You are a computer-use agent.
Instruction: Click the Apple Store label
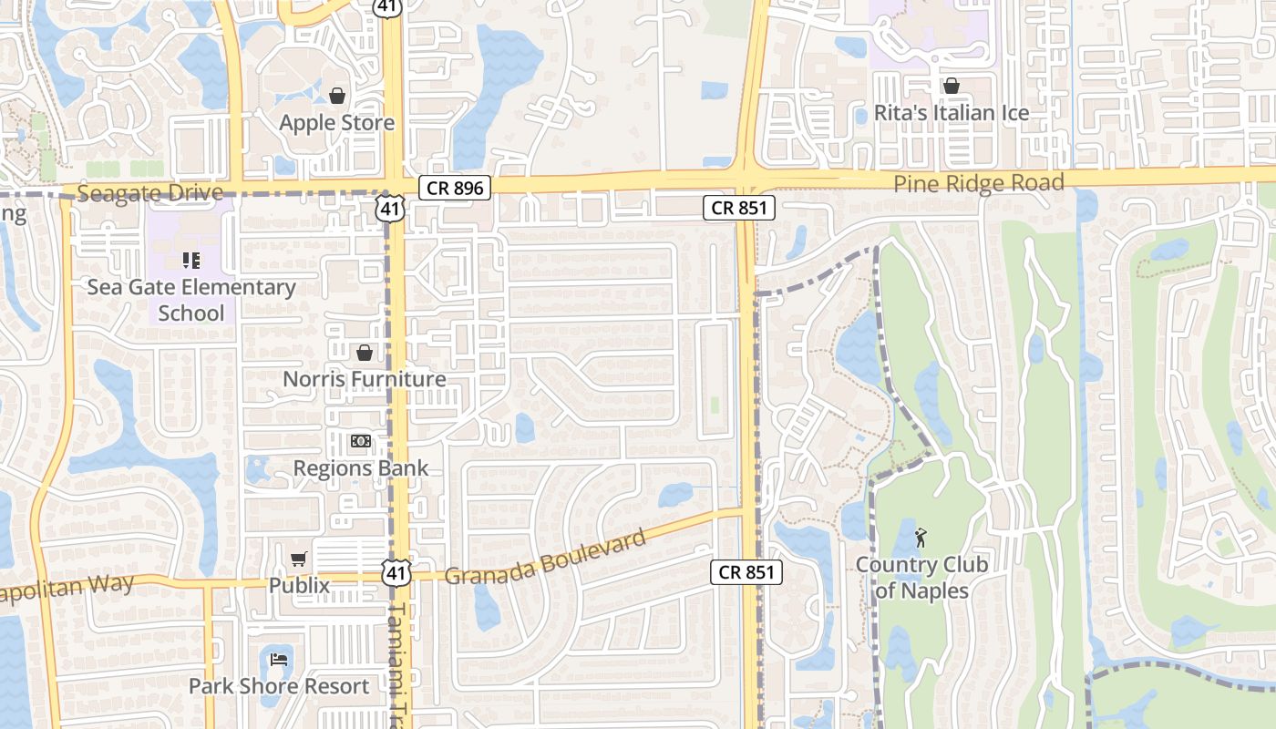pyautogui.click(x=336, y=123)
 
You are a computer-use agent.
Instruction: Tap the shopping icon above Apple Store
pyautogui.click(x=337, y=96)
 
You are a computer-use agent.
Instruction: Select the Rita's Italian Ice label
pyautogui.click(x=951, y=113)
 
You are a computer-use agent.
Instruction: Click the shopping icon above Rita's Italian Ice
pyautogui.click(x=952, y=87)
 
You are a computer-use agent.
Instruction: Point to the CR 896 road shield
pyautogui.click(x=456, y=189)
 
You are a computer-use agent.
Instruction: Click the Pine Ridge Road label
pyautogui.click(x=978, y=184)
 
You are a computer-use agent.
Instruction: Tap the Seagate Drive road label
pyautogui.click(x=149, y=193)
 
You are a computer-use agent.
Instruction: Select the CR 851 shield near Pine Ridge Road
pyautogui.click(x=739, y=208)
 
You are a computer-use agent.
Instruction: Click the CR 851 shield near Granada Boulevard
pyautogui.click(x=746, y=572)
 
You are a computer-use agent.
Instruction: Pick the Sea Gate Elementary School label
pyautogui.click(x=191, y=300)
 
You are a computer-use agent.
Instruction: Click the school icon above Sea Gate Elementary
pyautogui.click(x=191, y=261)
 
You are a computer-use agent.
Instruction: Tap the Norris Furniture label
pyautogui.click(x=364, y=379)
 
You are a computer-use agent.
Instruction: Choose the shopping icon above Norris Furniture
pyautogui.click(x=365, y=353)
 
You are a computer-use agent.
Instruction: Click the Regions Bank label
pyautogui.click(x=360, y=468)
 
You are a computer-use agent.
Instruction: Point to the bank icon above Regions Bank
pyautogui.click(x=361, y=442)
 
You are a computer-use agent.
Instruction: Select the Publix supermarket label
pyautogui.click(x=299, y=585)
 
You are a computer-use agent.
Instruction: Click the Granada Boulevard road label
pyautogui.click(x=546, y=556)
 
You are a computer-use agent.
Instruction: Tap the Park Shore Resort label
pyautogui.click(x=279, y=686)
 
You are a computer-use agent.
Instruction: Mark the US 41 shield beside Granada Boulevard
pyautogui.click(x=396, y=572)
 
